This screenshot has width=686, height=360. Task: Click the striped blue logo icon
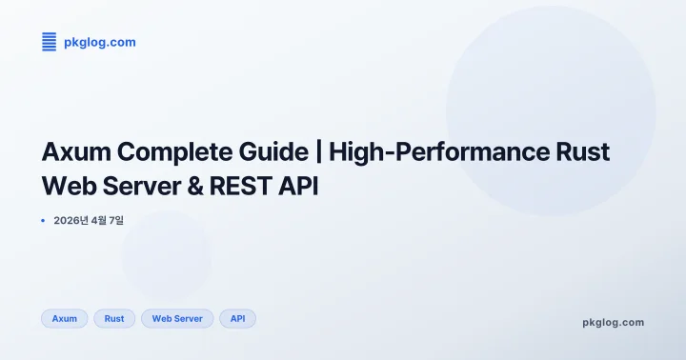click(49, 41)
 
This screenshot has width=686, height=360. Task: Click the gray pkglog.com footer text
click(613, 322)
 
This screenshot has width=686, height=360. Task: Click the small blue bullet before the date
click(44, 221)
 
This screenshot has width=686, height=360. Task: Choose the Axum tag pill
click(64, 318)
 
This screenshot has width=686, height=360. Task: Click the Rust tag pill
click(114, 318)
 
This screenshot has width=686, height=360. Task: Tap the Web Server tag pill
click(177, 318)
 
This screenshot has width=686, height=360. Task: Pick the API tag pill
click(237, 318)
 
